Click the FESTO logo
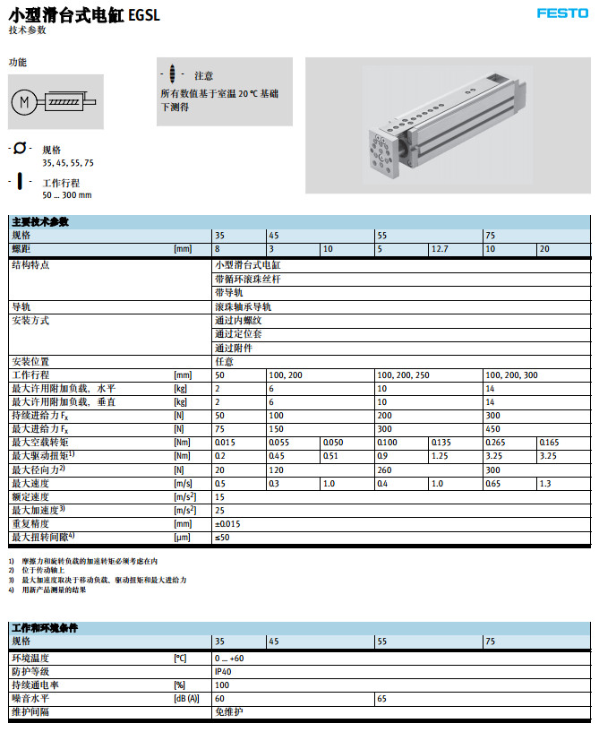562,13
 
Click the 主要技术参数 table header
41,221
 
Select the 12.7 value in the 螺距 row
440,248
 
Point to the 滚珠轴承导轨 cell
243,306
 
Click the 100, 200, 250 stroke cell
403,375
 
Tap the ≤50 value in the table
222,537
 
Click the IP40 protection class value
223,671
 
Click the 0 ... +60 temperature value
230,658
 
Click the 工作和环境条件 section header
45,628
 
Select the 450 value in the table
492,429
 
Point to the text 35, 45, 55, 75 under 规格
68,163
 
